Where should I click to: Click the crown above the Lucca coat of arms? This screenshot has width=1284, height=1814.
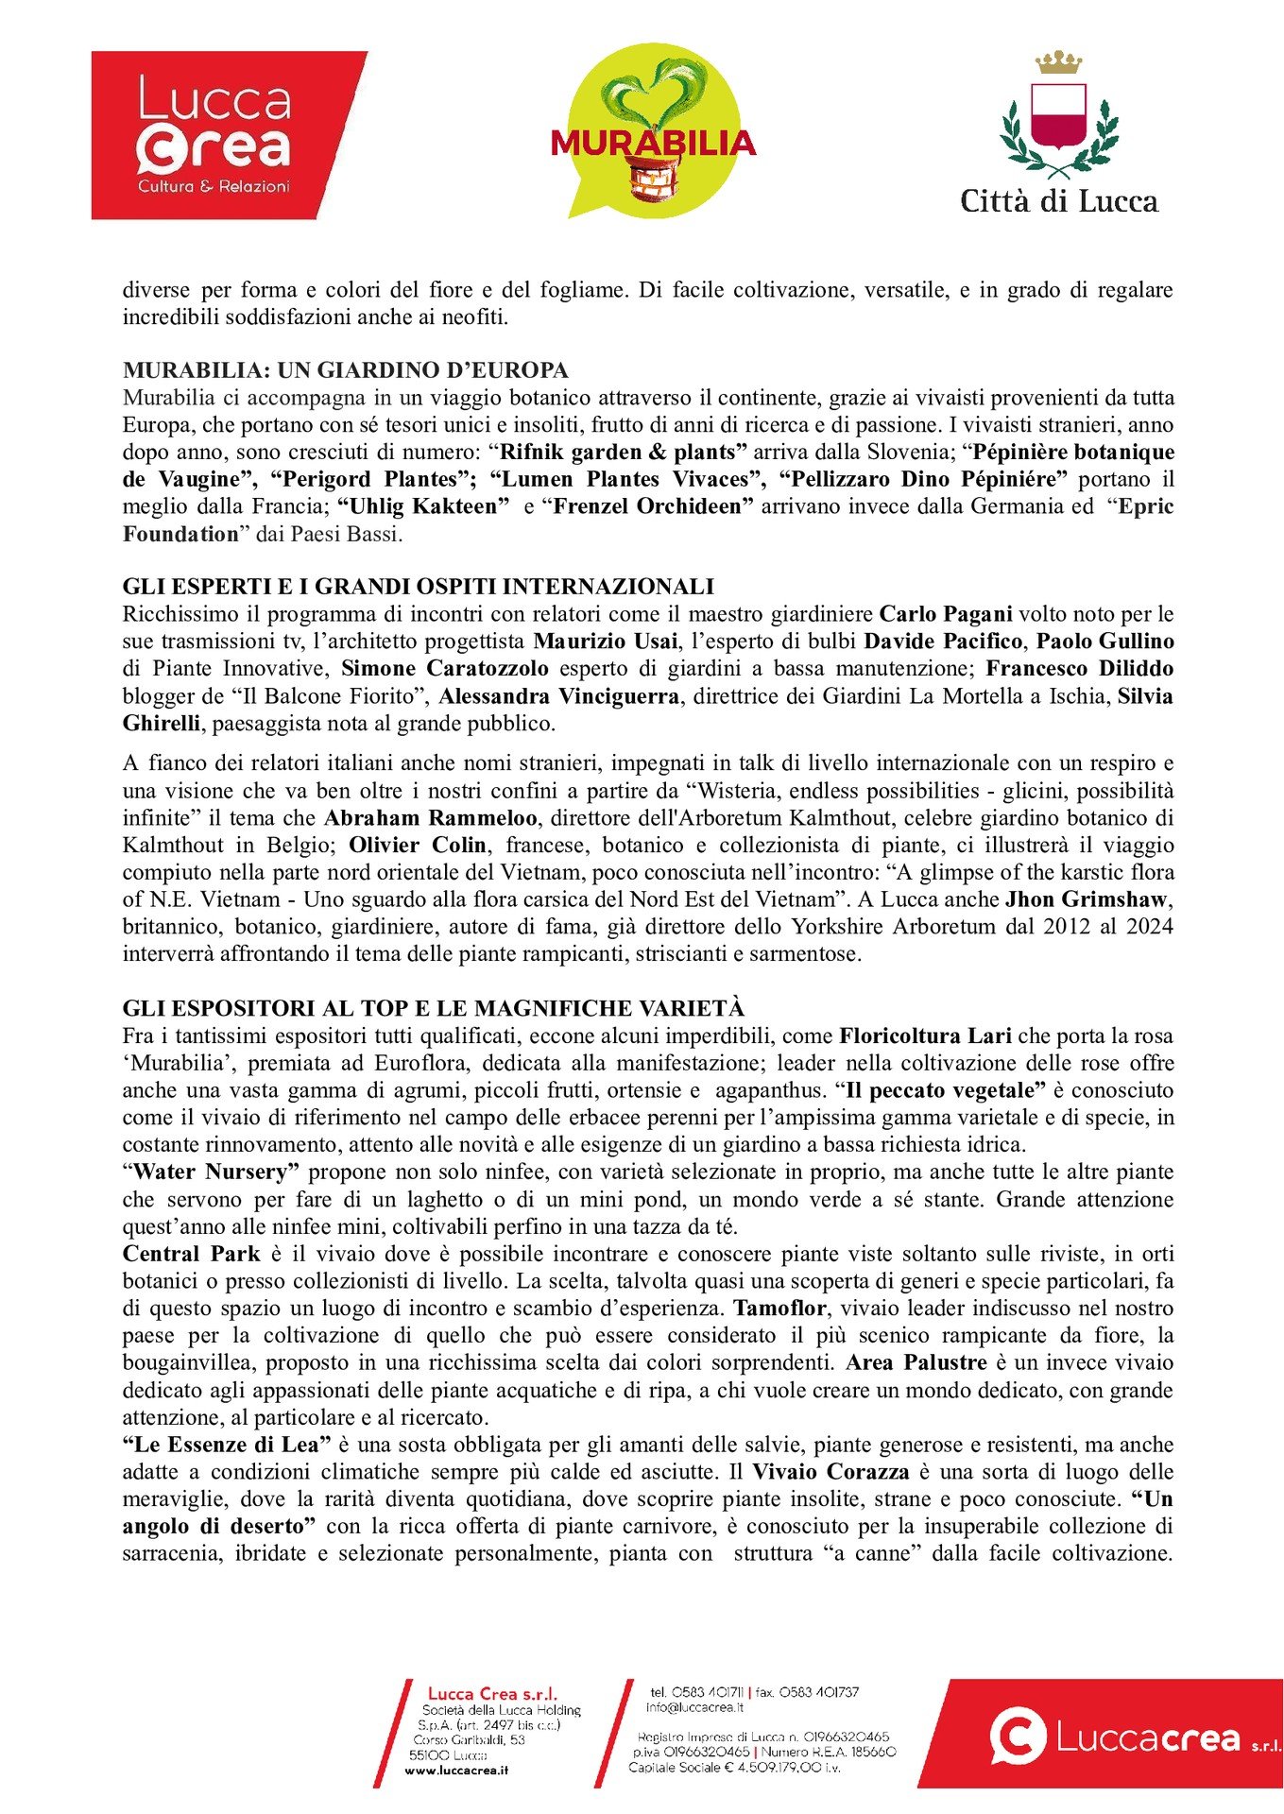click(x=1058, y=63)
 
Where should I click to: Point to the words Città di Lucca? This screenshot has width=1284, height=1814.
click(x=1058, y=201)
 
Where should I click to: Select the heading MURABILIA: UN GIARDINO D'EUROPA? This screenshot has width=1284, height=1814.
click(x=345, y=369)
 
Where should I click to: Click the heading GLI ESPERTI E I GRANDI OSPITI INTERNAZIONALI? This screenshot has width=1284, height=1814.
click(x=418, y=587)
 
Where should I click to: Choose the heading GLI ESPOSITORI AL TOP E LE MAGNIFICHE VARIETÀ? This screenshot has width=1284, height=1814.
click(x=434, y=1008)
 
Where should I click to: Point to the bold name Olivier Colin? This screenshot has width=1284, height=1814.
click(x=418, y=845)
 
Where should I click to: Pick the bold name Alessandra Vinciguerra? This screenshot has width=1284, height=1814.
click(x=558, y=696)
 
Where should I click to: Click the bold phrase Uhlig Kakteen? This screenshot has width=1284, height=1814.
click(x=422, y=506)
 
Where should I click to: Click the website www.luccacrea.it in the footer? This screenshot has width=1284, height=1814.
click(x=456, y=1770)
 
